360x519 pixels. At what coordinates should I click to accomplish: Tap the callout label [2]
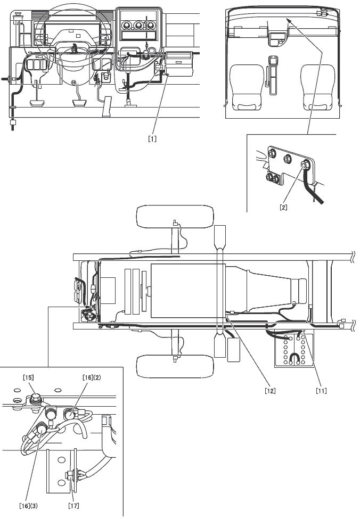coord(283,208)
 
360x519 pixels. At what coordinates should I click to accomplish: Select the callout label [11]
coord(321,390)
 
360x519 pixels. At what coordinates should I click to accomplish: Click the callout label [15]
coord(28,377)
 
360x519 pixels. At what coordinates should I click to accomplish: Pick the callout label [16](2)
coord(92,377)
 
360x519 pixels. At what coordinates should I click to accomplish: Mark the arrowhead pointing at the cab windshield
coord(288,19)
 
